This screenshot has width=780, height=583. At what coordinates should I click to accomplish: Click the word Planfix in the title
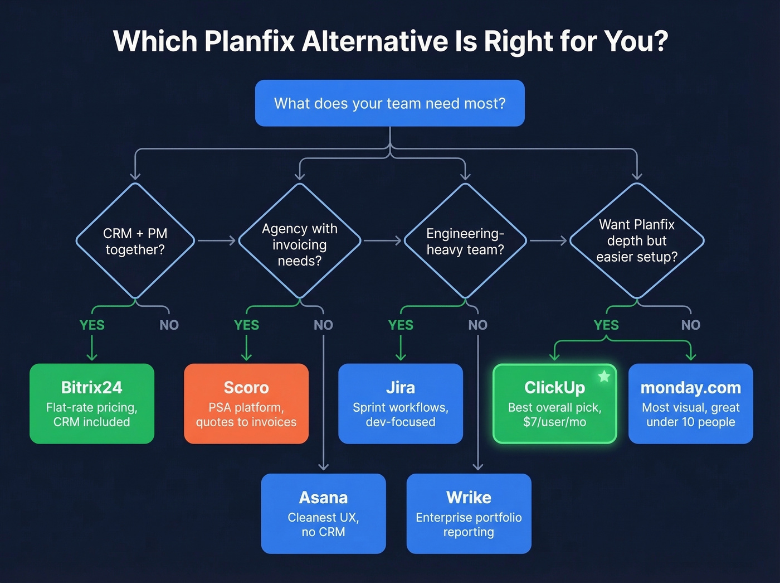coord(249,41)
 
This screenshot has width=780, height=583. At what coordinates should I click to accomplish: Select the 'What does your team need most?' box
coord(389,103)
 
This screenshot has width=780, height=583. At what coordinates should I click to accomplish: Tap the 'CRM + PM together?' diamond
coord(135,241)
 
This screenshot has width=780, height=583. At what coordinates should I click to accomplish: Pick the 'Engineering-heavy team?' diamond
coord(465,241)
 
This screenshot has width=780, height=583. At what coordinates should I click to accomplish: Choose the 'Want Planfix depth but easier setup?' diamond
coord(636,240)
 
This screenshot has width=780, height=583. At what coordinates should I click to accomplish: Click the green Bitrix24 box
coord(92,403)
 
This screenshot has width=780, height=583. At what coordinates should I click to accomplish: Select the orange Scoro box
coord(246,403)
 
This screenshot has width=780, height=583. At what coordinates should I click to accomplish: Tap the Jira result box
coord(401,403)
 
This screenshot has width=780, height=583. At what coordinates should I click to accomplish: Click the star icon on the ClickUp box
coord(604,377)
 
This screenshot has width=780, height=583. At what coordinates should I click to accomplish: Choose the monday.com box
coord(690,403)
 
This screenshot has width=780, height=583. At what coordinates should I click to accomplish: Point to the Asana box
coord(323,513)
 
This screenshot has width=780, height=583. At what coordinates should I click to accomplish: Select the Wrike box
coord(469,513)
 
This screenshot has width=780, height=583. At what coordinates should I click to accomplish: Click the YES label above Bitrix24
coord(92,325)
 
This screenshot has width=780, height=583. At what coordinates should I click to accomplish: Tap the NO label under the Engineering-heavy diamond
coord(477,325)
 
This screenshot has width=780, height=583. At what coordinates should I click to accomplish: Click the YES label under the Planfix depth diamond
coord(606,325)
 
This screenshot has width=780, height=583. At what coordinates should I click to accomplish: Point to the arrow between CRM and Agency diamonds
coord(217,240)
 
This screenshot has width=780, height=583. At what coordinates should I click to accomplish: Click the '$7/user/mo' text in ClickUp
coord(554,422)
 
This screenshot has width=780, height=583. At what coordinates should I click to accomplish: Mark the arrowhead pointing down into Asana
coord(323,466)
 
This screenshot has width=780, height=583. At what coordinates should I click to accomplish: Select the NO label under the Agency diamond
coord(323,325)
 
